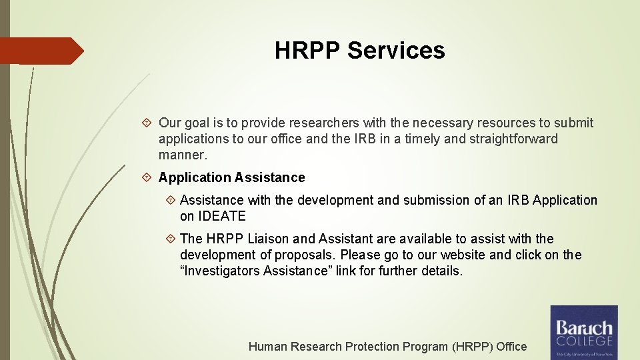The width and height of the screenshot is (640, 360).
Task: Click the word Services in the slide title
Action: (396, 50)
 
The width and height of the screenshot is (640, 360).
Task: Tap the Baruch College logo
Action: (584, 332)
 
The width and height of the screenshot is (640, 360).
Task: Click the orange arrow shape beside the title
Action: (41, 51)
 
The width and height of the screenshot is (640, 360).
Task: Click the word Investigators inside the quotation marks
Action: (222, 271)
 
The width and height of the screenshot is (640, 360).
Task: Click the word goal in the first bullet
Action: (197, 123)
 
